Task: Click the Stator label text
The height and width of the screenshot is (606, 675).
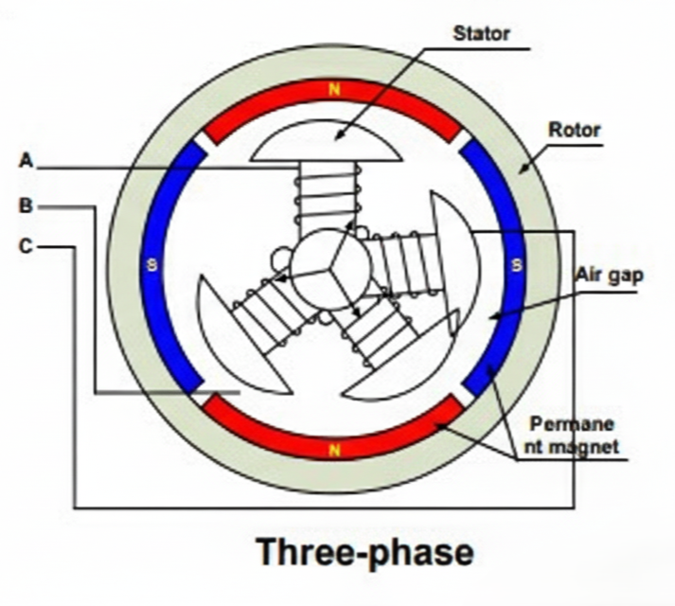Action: point(481,34)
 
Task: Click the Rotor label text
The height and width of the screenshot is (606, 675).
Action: point(575,130)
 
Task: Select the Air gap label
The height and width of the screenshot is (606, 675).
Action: point(609,276)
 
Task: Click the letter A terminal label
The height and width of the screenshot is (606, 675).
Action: point(27,161)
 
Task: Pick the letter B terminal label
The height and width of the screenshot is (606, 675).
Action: point(27,205)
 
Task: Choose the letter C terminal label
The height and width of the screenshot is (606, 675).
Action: point(27,247)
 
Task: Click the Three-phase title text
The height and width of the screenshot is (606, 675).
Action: point(364,552)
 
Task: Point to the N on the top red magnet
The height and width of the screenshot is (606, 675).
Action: point(333,90)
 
